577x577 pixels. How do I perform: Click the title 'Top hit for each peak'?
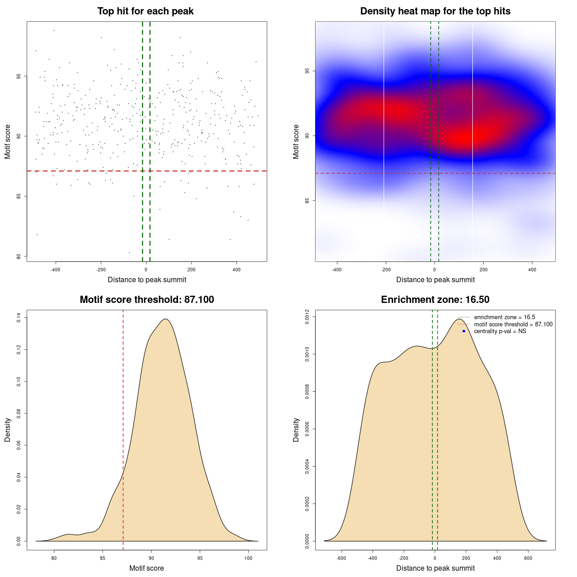[x=145, y=11]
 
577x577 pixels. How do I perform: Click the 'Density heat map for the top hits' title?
[x=435, y=11]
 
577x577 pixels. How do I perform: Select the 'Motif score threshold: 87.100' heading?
[x=147, y=300]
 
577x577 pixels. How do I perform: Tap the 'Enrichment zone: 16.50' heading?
[x=435, y=300]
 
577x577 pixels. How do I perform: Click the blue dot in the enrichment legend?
[x=464, y=331]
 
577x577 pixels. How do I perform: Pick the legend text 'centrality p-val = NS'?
[x=500, y=331]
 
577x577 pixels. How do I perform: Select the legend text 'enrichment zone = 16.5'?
[x=504, y=317]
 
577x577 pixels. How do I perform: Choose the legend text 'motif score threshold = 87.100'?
[x=513, y=325]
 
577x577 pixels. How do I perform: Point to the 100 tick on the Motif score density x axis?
[x=248, y=558]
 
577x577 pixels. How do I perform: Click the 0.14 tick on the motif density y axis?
[x=18, y=318]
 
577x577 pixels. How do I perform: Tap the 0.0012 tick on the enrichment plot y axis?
[x=307, y=317]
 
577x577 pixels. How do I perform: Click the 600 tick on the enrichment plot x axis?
[x=528, y=558]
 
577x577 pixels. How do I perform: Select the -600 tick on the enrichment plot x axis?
[x=341, y=558]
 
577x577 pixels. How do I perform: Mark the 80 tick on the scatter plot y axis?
[x=18, y=256]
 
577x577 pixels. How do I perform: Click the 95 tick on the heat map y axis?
[x=307, y=71]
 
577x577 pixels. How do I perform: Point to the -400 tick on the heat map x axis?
[x=337, y=270]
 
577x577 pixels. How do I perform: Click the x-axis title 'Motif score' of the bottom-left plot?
[x=147, y=568]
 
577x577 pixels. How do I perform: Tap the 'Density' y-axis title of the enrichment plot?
[x=296, y=430]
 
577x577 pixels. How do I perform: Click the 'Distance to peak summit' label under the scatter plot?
[x=147, y=279]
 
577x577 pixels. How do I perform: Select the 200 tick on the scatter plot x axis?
[x=191, y=270]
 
